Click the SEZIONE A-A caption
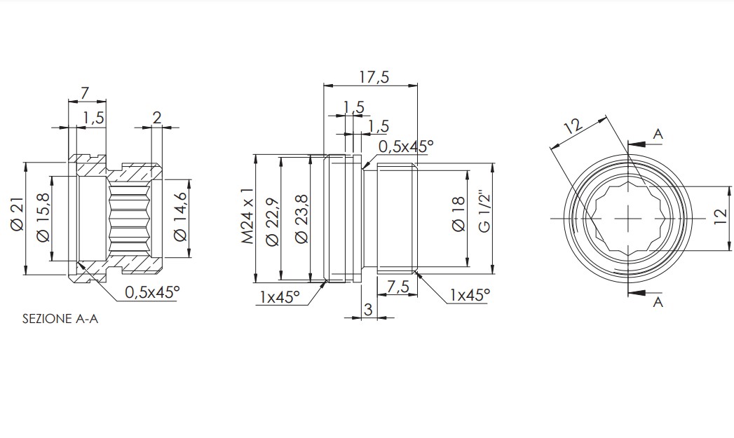pyautogui.click(x=60, y=319)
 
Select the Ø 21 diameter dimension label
pyautogui.click(x=17, y=214)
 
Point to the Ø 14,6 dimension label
pyautogui.click(x=179, y=217)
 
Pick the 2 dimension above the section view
pyautogui.click(x=157, y=117)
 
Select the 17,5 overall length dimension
pyautogui.click(x=374, y=77)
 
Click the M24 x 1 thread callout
pyautogui.click(x=247, y=216)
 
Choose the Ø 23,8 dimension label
pyautogui.click(x=302, y=219)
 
